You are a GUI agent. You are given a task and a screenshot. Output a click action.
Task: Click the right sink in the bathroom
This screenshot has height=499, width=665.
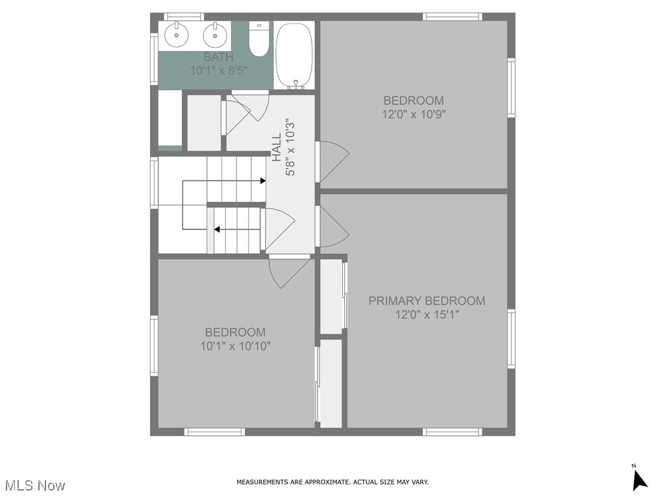(x=214, y=34)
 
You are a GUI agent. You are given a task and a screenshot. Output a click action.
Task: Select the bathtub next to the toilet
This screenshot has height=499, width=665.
(x=294, y=55)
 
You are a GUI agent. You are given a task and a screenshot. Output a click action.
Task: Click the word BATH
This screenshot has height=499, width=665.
(x=218, y=57)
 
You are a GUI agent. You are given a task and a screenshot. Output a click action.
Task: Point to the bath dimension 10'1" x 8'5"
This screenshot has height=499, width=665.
(x=218, y=71)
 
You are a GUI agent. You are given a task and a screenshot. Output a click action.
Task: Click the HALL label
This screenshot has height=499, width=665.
(x=277, y=147)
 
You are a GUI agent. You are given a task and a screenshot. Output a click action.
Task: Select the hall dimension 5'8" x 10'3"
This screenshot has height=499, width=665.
(x=291, y=147)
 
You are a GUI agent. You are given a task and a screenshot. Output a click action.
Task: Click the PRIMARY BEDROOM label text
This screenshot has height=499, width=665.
(x=427, y=301)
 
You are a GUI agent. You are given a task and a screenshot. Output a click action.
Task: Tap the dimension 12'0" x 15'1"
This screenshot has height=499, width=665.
(x=427, y=315)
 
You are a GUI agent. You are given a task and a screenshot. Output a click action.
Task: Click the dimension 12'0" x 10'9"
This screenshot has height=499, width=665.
(x=414, y=114)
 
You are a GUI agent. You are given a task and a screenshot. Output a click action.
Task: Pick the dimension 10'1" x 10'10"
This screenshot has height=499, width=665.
(x=235, y=346)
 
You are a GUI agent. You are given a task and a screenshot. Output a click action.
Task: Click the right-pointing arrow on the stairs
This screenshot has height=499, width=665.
(x=262, y=181)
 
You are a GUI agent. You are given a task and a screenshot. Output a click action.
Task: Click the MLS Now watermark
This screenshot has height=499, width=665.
(x=35, y=485)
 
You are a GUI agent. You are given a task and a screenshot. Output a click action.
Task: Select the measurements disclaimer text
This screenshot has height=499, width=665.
(x=332, y=482)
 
